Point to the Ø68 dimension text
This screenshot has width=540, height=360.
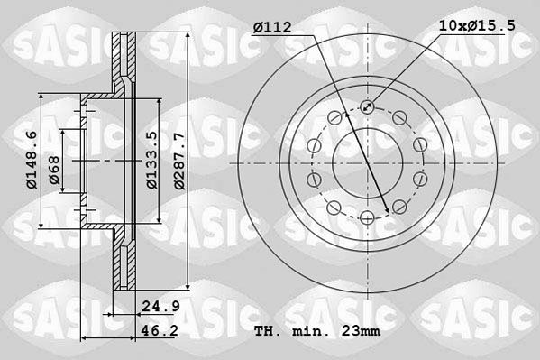click(x=54, y=171)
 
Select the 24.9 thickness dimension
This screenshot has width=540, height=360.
click(x=160, y=307)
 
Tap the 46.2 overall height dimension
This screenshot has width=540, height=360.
click(x=160, y=332)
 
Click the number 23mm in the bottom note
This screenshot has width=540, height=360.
click(x=360, y=332)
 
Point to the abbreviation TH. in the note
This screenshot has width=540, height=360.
click(x=268, y=332)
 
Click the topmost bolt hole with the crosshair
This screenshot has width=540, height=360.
click(x=368, y=107)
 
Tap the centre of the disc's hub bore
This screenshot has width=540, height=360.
click(x=368, y=162)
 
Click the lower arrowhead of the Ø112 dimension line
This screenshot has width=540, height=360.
click(x=387, y=211)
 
